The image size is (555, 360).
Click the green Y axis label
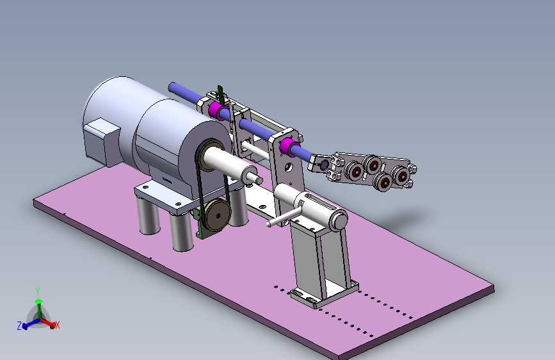pos(38,291)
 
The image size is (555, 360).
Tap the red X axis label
pos(58,325)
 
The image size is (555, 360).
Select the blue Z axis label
pos(19,326)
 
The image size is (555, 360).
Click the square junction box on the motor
pos(102,141)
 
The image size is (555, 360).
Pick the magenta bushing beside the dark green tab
pos(216,110)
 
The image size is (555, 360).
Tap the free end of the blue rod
pos(173,86)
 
